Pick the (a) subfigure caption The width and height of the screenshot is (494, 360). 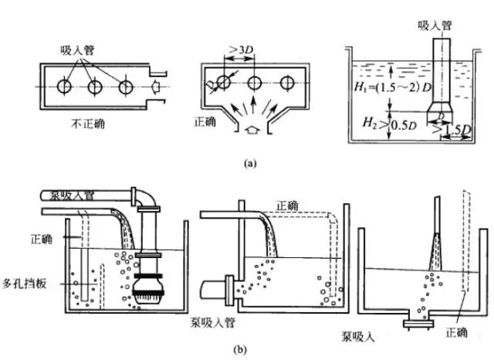pyautogui.click(x=247, y=164)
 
